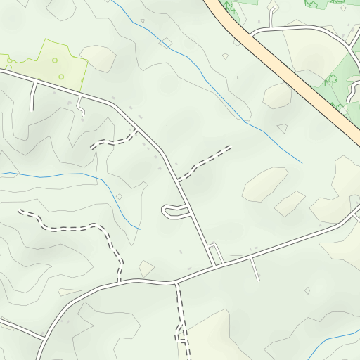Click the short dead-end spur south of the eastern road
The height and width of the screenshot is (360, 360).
coord(255,268)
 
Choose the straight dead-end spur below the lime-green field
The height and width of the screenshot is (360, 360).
coord(32,96)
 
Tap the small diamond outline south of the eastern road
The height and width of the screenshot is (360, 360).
coord(307,290)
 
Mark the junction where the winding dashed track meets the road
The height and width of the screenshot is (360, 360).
coord(120,281)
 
